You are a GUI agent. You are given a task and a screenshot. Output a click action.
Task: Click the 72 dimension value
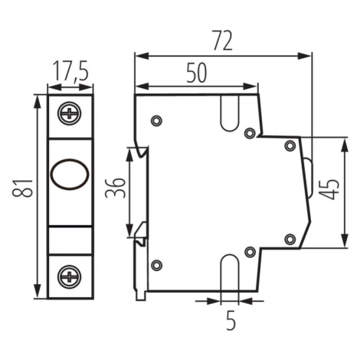(222, 41)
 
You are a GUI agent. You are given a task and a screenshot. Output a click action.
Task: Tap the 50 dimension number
(196, 73)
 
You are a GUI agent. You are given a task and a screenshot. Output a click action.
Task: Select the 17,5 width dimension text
(70, 70)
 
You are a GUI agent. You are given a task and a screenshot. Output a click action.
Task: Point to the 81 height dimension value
(23, 188)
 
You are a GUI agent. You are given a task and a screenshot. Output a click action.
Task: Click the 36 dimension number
(116, 188)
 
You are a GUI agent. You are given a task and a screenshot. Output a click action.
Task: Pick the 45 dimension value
(329, 189)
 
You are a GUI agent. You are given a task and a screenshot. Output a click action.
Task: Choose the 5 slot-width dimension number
(231, 321)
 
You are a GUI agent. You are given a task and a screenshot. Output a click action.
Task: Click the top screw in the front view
(70, 113)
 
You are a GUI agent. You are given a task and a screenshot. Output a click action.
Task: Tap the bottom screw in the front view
(70, 277)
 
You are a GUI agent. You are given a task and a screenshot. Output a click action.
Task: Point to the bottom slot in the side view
(230, 273)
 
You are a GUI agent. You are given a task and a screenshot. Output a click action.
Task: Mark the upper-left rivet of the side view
(156, 120)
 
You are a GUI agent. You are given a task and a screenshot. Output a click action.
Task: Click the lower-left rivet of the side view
(156, 265)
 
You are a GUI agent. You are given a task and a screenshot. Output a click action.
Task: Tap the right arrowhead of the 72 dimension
(305, 56)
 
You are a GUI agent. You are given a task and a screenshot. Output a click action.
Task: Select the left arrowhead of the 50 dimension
(142, 87)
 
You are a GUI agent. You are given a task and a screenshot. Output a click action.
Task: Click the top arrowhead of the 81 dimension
(38, 102)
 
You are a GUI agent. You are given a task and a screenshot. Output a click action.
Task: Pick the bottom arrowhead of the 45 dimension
(345, 240)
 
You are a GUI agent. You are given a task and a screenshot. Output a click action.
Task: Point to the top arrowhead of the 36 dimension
(130, 155)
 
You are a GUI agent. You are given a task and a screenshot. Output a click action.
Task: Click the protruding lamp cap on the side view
(309, 177)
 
